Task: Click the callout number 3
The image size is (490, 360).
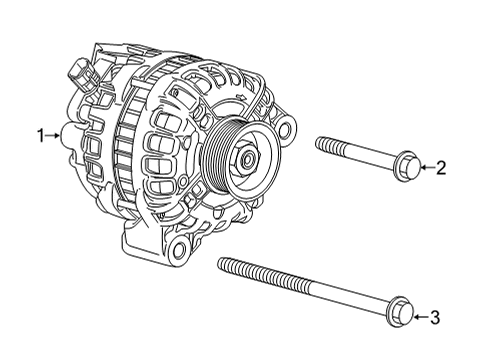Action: tap(434, 318)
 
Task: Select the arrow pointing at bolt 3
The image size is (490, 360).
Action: tap(418, 318)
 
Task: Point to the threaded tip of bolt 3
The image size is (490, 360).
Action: tap(225, 265)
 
